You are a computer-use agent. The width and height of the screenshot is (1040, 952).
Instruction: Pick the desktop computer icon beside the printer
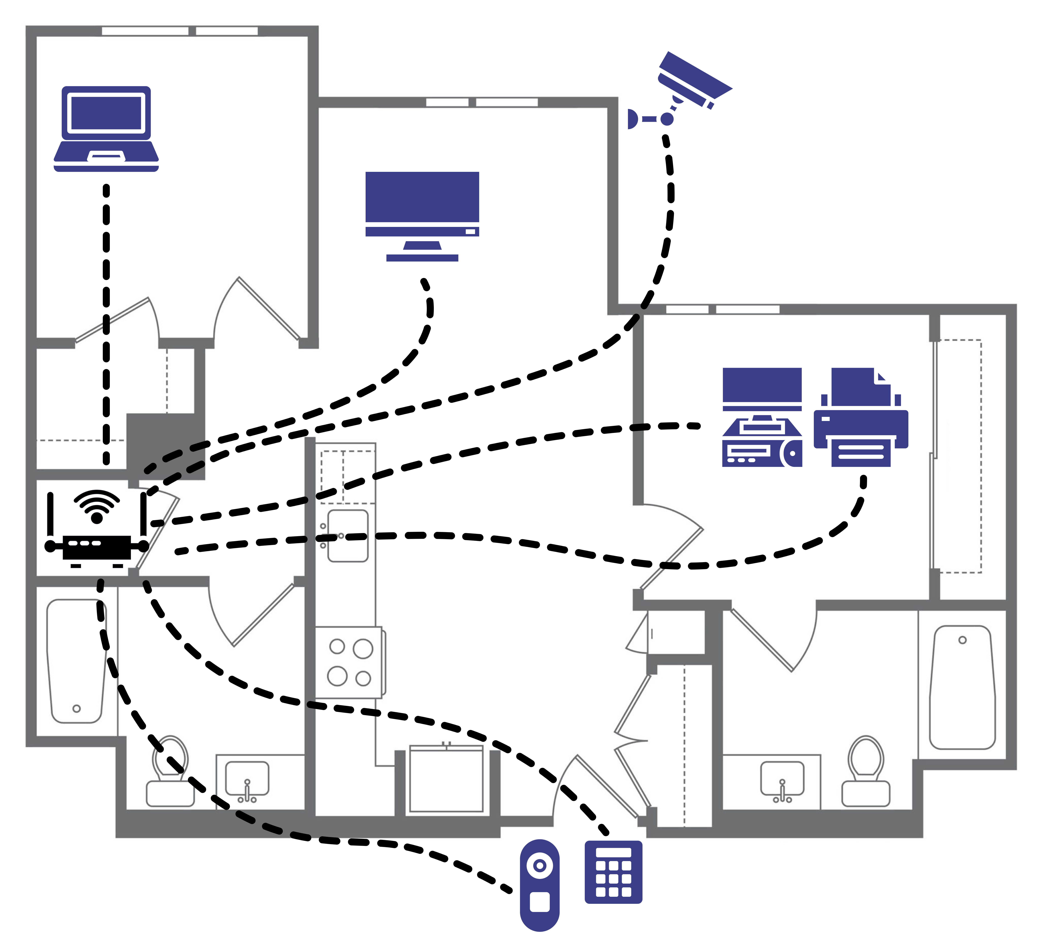coord(762,418)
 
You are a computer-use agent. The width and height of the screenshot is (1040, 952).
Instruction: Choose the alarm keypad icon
coord(613,872)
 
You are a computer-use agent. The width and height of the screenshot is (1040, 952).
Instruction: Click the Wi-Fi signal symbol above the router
coord(97,506)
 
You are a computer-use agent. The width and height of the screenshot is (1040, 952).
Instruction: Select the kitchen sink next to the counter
coord(348,536)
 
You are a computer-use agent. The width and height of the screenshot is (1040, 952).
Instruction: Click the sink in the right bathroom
coord(782,779)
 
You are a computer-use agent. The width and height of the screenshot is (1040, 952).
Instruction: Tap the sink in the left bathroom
coord(247,779)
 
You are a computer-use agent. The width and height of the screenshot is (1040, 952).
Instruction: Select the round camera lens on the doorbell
coord(540,865)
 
